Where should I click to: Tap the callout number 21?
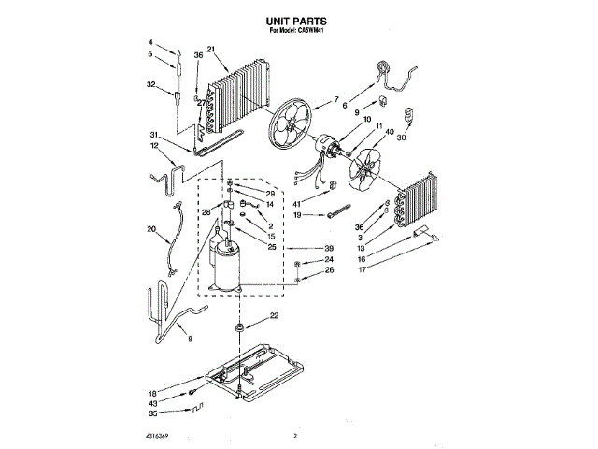tap(211, 51)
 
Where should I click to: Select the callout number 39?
tap(328, 249)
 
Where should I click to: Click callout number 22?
tap(274, 314)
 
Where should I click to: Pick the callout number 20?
tap(150, 229)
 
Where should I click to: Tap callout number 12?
tap(154, 146)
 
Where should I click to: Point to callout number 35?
tap(151, 413)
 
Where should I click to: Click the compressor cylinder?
tap(226, 265)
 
